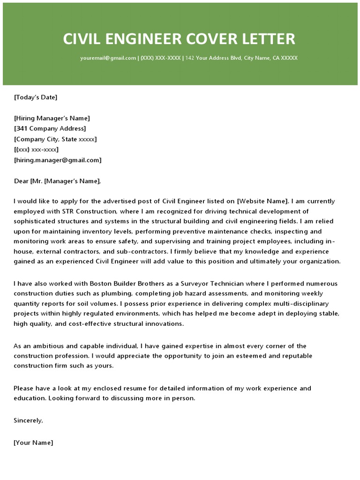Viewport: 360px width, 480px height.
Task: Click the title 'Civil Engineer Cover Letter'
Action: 180,38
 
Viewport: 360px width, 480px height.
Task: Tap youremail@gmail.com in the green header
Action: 108,58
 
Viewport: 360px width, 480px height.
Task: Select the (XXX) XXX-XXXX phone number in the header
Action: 160,58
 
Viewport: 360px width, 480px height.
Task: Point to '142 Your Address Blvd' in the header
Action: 213,58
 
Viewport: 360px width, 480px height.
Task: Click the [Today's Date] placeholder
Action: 36,97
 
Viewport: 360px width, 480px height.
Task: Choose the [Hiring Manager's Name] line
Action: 52,118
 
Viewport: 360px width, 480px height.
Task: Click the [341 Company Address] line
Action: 50,128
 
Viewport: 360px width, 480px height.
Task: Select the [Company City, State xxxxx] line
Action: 55,139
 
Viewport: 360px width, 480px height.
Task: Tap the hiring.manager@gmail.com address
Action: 58,160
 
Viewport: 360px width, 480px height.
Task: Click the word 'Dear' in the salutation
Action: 21,181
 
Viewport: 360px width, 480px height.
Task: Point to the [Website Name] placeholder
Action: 263,202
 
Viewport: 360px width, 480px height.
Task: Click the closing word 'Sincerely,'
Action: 29,420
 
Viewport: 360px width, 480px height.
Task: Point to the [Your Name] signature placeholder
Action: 33,442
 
